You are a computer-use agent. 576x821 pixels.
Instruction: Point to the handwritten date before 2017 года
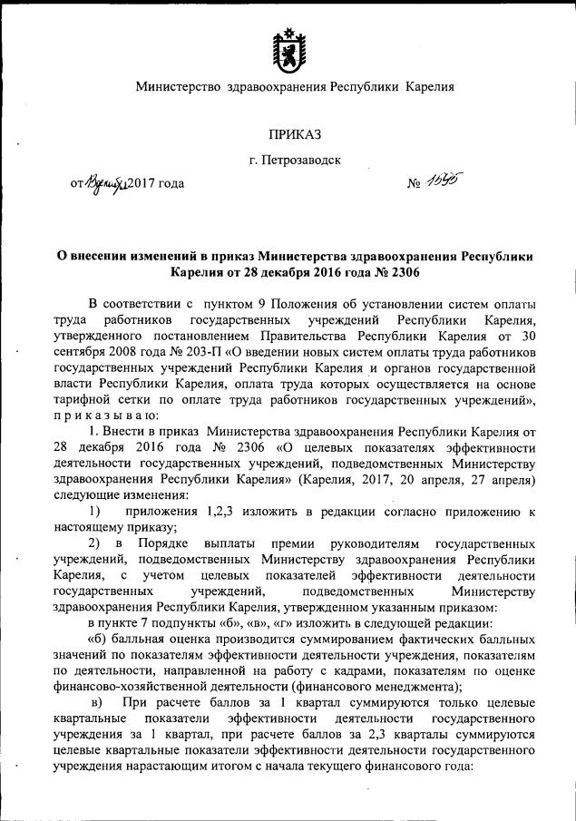(x=106, y=184)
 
